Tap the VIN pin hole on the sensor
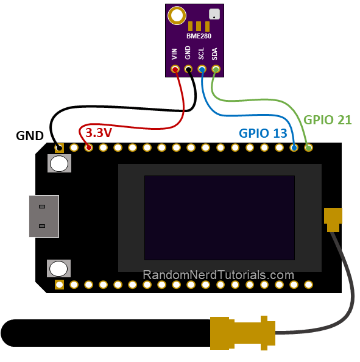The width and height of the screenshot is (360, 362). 175,69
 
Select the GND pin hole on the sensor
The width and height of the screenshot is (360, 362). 188,69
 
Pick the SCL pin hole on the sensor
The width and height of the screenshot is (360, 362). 202,69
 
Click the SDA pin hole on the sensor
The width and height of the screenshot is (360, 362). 215,69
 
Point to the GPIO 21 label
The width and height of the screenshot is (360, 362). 328,119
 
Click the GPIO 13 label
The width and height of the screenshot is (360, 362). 263,133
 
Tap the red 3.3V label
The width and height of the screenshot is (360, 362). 98,132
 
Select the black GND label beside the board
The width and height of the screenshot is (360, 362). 30,135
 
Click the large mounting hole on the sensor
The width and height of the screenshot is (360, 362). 177,15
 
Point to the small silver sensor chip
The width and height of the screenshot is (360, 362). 214,13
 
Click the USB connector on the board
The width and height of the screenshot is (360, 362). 44,216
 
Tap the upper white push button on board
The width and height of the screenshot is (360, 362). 59,163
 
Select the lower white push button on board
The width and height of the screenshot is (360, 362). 58,268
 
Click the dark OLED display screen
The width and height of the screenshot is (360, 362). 219,218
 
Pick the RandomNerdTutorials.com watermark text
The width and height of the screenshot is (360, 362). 219,275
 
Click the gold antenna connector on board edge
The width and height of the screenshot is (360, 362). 333,218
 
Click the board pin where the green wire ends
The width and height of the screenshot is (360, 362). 308,147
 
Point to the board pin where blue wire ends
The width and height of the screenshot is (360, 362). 294,147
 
